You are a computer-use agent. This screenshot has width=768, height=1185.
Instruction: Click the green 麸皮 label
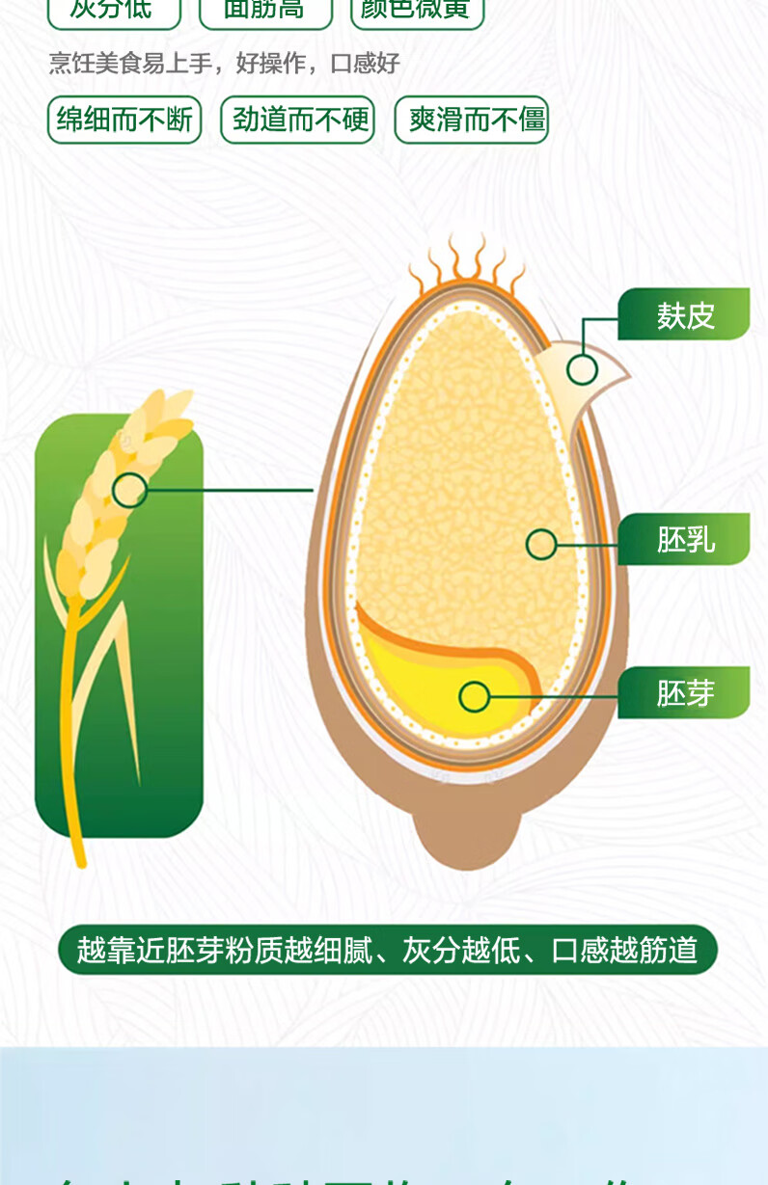(684, 314)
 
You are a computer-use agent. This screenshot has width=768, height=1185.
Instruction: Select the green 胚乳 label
(684, 539)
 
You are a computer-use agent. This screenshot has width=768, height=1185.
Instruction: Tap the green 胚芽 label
(684, 692)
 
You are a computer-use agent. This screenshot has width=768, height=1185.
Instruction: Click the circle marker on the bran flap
(582, 369)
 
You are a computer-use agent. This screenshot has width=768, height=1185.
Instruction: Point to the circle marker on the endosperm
(541, 545)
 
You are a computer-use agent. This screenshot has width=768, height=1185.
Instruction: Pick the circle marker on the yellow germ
(474, 696)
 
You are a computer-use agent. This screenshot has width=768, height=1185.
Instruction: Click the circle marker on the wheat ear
(129, 490)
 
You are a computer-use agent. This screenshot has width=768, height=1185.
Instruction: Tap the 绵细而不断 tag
(124, 120)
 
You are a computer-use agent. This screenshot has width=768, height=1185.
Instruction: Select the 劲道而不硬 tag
(297, 120)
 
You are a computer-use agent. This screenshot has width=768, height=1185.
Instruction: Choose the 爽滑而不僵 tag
(472, 120)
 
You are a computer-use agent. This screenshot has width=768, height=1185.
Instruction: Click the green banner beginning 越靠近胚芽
(387, 950)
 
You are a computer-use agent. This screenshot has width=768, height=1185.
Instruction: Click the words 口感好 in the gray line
(365, 64)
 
